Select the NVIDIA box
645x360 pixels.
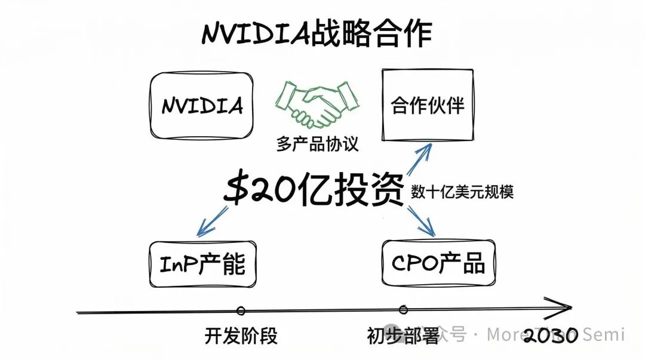click(x=202, y=106)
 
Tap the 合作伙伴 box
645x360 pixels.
click(x=428, y=106)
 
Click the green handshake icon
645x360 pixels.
click(x=317, y=103)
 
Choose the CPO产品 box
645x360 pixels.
click(x=438, y=263)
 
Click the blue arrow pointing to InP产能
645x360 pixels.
click(x=213, y=220)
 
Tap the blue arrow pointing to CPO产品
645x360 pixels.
click(x=422, y=220)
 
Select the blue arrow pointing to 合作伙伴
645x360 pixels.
click(x=420, y=159)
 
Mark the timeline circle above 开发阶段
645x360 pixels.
click(x=241, y=310)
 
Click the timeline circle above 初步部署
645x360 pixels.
click(x=403, y=309)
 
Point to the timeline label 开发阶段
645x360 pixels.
click(x=241, y=336)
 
